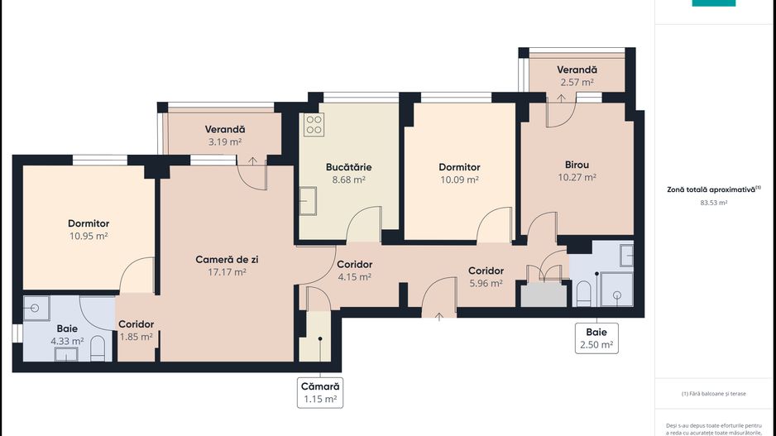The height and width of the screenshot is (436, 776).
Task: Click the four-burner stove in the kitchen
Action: tap(314, 125)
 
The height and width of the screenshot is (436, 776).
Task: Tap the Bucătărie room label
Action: tap(348, 166)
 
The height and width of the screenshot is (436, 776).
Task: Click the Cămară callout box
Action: tap(319, 392)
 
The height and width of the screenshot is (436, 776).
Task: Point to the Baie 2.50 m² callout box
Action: tap(596, 338)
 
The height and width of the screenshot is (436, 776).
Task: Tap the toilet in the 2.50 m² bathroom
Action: tap(582, 292)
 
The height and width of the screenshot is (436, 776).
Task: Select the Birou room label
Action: tap(577, 164)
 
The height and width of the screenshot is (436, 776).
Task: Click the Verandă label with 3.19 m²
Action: tap(224, 130)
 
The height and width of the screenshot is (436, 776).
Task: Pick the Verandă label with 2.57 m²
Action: tap(577, 70)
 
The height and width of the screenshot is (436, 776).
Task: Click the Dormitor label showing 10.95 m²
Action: tap(89, 223)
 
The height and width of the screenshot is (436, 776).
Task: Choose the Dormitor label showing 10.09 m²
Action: tap(459, 167)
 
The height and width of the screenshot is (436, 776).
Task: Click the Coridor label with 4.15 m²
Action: tap(354, 265)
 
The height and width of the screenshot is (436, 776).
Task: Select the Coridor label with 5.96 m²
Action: tap(486, 271)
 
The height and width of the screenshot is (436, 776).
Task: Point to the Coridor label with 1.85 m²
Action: tap(136, 324)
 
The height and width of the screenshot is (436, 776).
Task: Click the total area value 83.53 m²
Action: tap(713, 202)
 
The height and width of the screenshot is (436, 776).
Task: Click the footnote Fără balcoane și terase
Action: tap(715, 394)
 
